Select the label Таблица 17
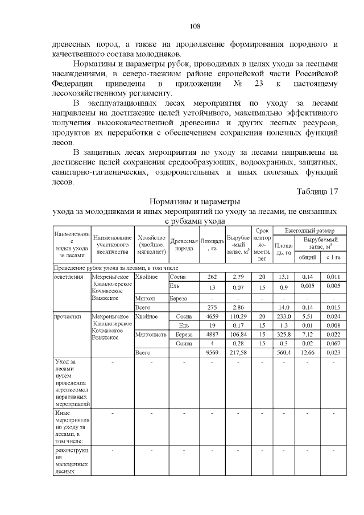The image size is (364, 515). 317,191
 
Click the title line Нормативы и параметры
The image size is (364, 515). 195,201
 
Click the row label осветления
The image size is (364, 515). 67,277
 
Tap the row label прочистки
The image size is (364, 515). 67,316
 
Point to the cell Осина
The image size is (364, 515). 184,343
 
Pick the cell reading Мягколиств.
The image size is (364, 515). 151,335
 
